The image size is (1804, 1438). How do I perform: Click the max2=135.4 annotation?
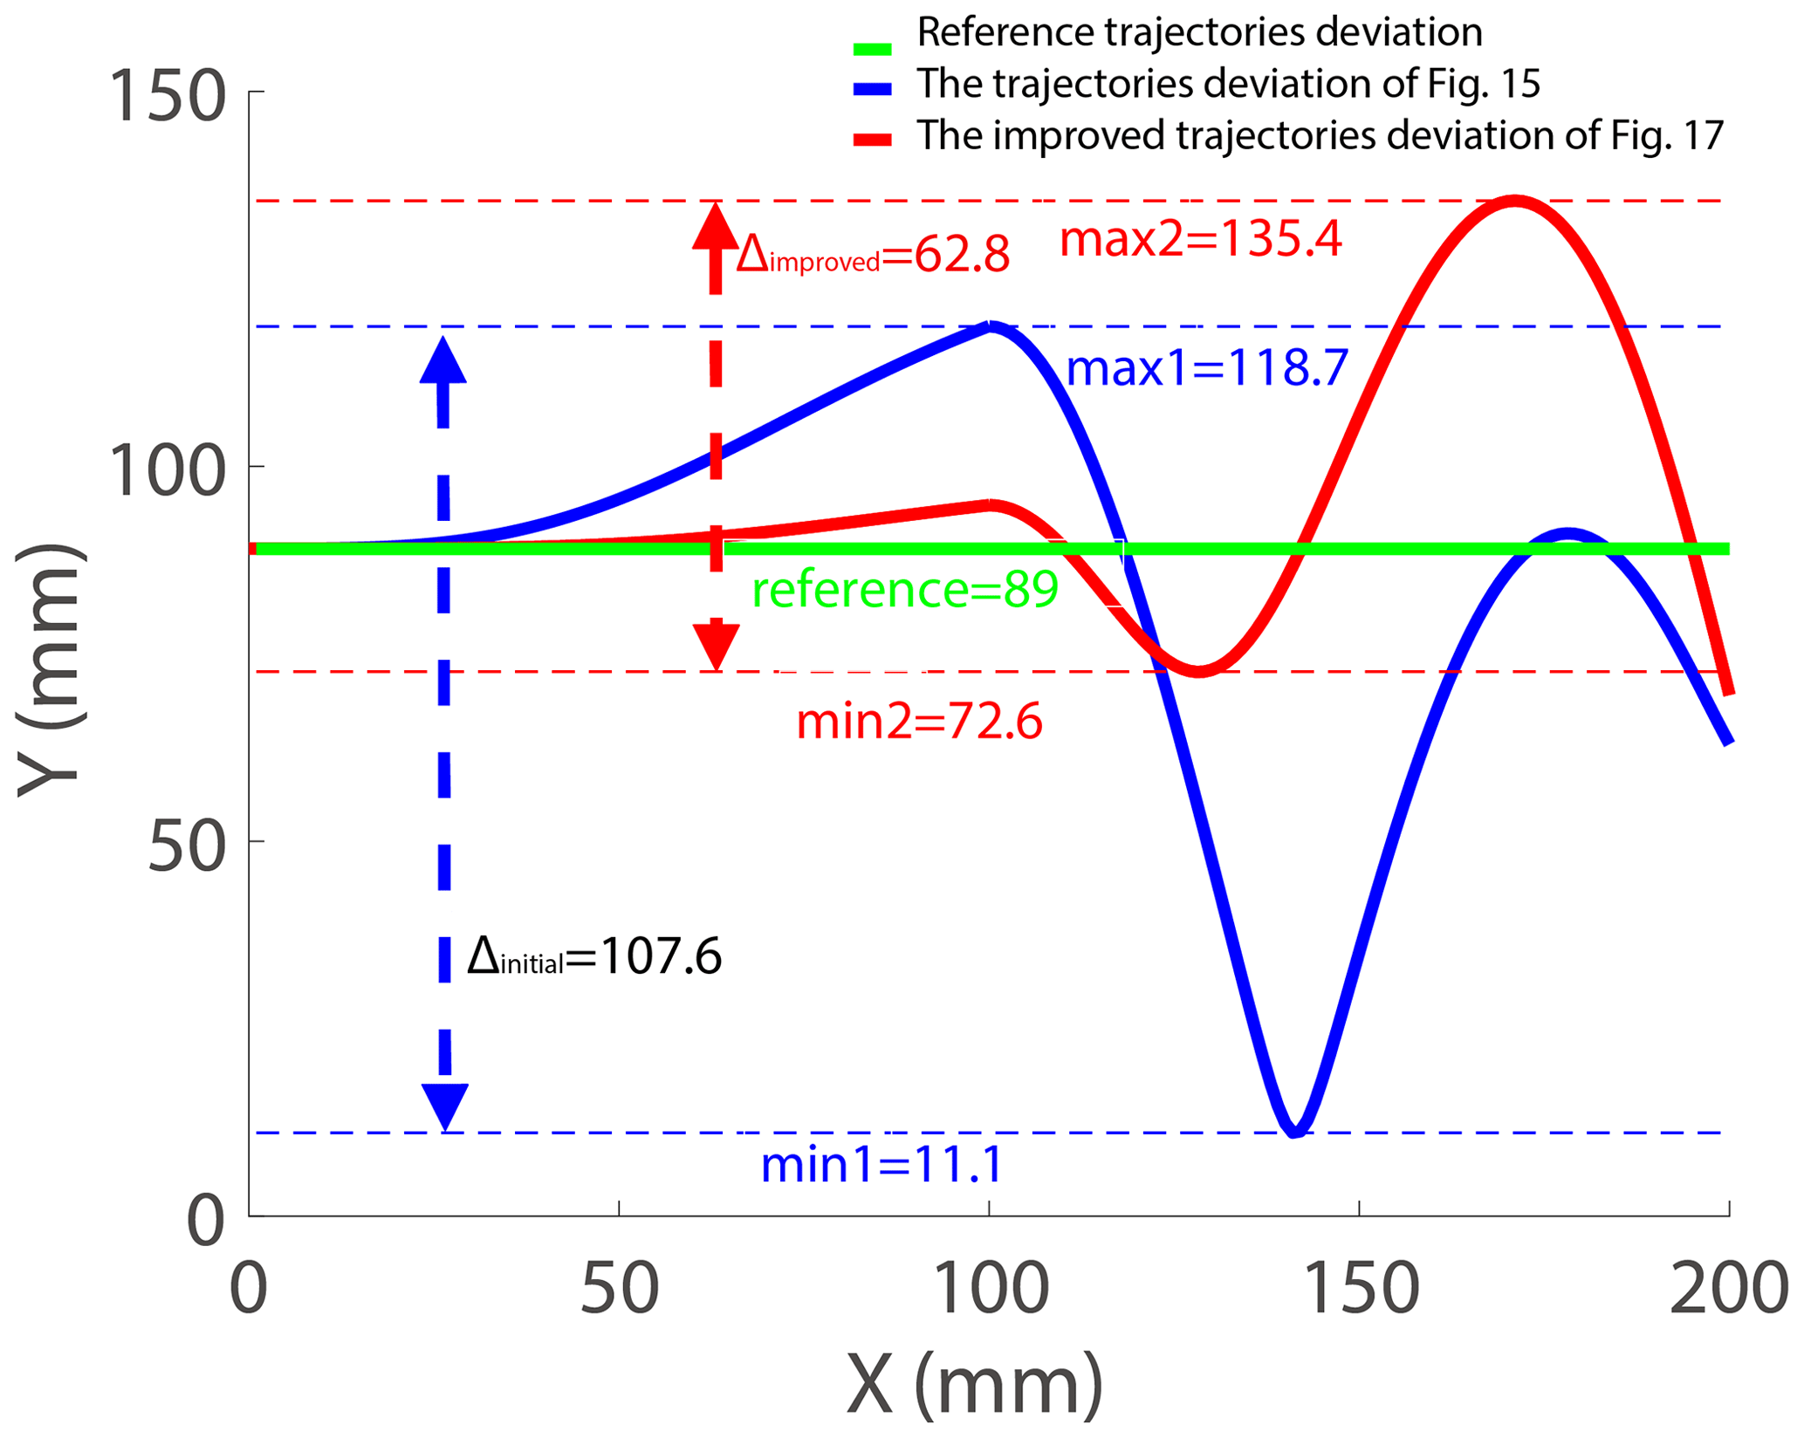point(1200,239)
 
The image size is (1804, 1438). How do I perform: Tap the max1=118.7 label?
point(1207,368)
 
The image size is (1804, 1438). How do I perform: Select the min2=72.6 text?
point(919,722)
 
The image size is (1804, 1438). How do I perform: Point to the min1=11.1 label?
point(881,1165)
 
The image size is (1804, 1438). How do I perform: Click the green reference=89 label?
point(905,590)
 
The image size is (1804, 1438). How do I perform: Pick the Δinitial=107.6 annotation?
point(594,957)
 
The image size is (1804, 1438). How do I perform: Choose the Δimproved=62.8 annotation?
point(873,256)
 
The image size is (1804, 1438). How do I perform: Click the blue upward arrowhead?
point(443,360)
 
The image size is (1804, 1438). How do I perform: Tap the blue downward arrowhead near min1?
point(445,1106)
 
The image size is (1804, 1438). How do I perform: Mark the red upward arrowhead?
point(716,227)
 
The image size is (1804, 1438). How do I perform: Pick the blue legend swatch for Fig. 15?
point(873,89)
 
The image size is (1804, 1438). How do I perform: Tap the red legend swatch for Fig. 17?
point(873,140)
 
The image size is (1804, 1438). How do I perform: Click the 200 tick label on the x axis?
point(1728,1290)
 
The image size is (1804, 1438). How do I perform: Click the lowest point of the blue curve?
point(1295,1131)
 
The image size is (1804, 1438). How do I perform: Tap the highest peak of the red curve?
point(1516,202)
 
